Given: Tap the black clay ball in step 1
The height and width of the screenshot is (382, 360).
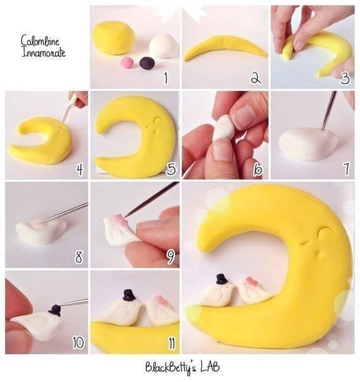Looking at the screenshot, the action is (147, 63).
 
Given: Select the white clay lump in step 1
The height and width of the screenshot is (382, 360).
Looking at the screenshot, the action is (163, 46).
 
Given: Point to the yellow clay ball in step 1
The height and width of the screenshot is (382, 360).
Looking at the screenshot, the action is (114, 38).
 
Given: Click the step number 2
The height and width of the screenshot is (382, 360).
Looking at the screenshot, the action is (256, 78).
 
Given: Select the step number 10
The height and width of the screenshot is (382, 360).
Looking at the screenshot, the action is (78, 343).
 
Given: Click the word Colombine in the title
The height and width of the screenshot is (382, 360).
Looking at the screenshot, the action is (40, 41).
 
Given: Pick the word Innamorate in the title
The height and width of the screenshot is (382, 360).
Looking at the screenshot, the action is (44, 52).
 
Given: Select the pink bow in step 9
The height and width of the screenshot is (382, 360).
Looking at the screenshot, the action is (121, 219).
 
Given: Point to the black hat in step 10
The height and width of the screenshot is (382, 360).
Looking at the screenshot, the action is (55, 310).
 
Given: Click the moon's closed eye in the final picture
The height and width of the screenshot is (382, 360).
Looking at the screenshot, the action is (323, 231).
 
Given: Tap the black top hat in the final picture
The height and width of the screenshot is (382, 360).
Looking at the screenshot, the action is (222, 279).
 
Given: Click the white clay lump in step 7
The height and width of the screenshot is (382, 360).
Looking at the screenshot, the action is (308, 144).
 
